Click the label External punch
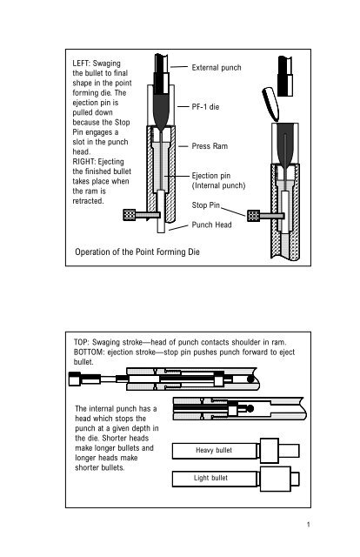pos(216,66)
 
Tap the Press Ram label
pos(210,147)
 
